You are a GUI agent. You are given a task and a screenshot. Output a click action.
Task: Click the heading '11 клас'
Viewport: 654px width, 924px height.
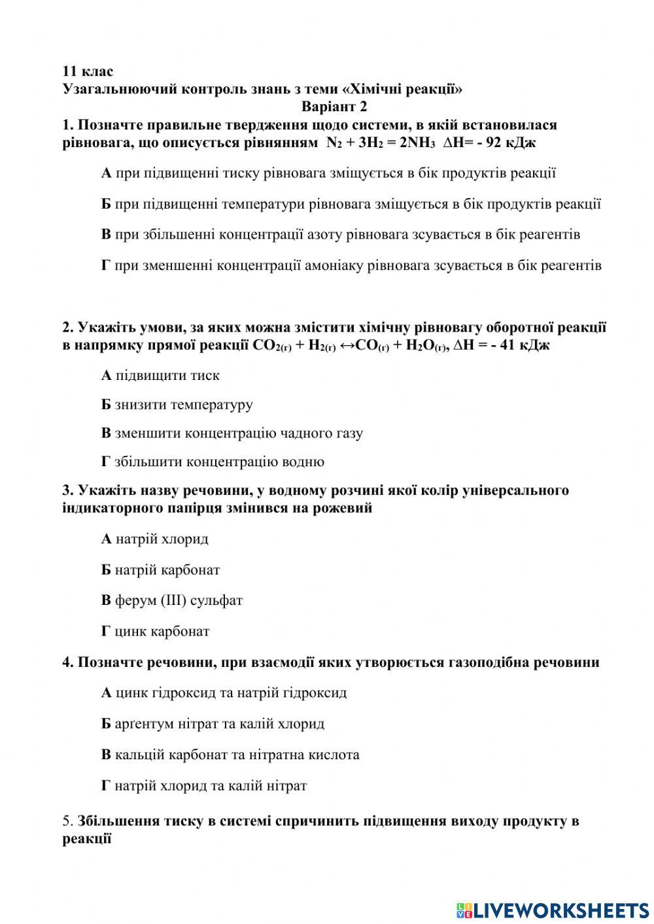pyautogui.click(x=88, y=71)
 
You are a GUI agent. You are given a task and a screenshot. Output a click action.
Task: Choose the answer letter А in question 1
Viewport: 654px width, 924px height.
pyautogui.click(x=106, y=173)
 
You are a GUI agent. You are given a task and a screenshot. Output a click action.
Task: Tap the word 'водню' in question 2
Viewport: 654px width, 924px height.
pyautogui.click(x=302, y=462)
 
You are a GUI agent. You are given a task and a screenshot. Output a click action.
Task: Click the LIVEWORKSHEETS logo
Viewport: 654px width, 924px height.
pyautogui.click(x=553, y=910)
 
